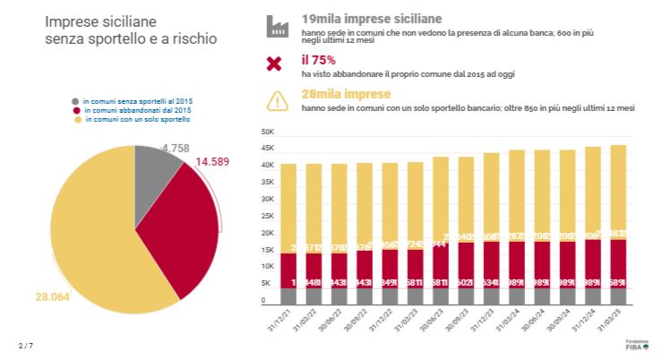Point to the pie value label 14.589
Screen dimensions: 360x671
click(218, 162)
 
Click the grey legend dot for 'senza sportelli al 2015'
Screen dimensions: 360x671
click(77, 101)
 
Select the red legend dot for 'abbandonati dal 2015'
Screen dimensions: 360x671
click(77, 110)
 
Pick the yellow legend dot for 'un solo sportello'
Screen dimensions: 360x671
click(77, 119)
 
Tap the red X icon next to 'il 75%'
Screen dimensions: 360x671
click(274, 64)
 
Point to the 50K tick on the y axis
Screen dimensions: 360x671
click(267, 132)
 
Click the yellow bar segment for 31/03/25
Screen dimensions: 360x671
click(617, 188)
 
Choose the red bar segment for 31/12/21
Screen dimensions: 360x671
click(288, 270)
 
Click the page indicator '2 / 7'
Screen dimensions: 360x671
click(24, 345)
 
